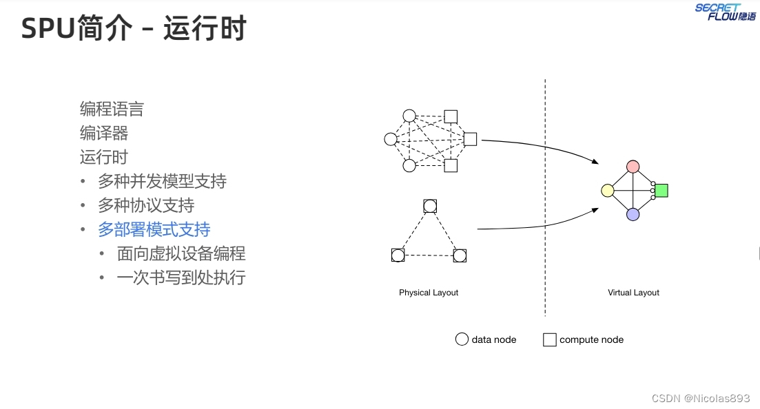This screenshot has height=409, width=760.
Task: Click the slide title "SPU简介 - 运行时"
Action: point(134,30)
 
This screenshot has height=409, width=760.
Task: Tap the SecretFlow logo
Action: point(725,12)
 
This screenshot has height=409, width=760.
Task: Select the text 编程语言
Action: point(112,109)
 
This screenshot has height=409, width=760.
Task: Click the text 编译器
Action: point(104,133)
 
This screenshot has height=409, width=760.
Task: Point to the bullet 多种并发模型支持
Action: point(162,181)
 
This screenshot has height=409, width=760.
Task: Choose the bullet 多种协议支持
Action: point(146,205)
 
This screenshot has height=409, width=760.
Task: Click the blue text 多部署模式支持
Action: point(154,229)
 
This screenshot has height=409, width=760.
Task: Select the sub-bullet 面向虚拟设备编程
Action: point(181,253)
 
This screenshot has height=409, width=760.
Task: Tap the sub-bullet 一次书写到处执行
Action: point(181,277)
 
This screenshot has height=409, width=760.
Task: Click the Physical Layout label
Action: point(429,293)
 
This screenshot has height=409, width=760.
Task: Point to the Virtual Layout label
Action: point(633,293)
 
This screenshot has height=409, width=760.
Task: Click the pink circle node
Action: point(633,167)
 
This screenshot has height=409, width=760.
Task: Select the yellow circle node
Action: point(607,191)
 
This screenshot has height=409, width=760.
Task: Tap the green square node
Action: point(661,191)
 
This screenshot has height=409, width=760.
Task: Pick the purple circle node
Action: point(633,214)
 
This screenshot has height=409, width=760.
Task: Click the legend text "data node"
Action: point(494,339)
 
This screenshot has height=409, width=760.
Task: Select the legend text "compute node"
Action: point(591,339)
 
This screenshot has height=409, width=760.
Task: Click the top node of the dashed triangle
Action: point(430,206)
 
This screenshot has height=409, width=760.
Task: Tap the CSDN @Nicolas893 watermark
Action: point(700,398)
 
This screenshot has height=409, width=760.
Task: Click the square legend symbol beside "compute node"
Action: point(549,339)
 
